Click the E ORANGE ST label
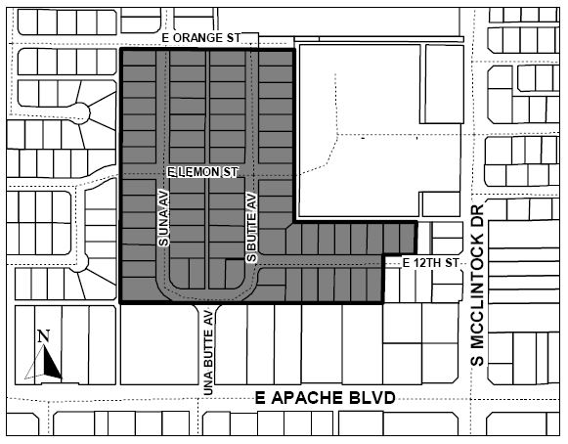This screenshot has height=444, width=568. point(200,38)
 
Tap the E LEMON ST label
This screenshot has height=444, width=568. point(202,172)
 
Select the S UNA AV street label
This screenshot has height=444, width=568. point(164,217)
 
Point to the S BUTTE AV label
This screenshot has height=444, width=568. point(251,227)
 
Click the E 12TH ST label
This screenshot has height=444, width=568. point(431,263)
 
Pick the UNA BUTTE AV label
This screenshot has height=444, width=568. point(208,352)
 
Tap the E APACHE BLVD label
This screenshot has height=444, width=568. point(326,398)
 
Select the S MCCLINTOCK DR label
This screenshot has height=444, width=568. point(478,286)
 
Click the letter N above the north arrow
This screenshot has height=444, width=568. point(43,336)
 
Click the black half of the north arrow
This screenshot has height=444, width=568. point(51,363)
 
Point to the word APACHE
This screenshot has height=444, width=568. point(307,398)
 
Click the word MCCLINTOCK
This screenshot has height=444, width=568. point(478,277)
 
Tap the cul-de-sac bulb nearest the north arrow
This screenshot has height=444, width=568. point(78,262)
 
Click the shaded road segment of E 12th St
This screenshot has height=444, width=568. point(321,260)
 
